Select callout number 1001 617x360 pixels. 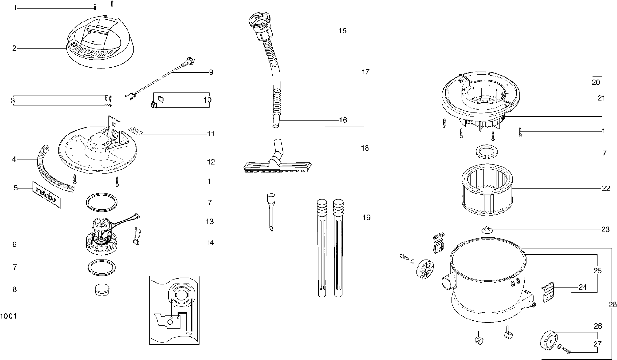(8, 316)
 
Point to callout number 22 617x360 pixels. (606, 188)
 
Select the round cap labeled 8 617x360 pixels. (103, 290)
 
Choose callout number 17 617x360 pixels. (365, 72)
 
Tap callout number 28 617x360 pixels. (612, 304)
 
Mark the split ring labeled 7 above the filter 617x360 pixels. (487, 153)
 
